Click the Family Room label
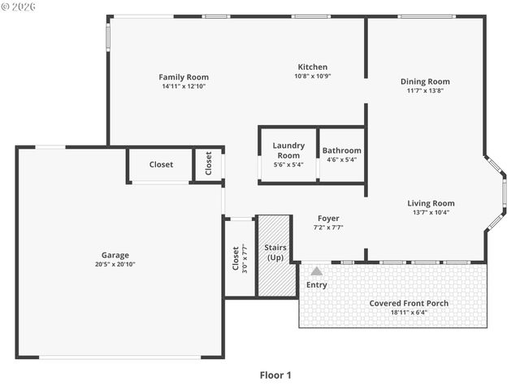pyautogui.click(x=184, y=77)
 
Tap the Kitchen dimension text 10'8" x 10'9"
pyautogui.click(x=312, y=76)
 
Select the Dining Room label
pyautogui.click(x=425, y=81)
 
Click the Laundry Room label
pyautogui.click(x=288, y=150)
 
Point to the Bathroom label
pyautogui.click(x=342, y=150)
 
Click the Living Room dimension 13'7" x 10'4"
pyautogui.click(x=431, y=213)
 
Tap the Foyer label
pyautogui.click(x=328, y=218)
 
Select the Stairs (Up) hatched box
pyautogui.click(x=274, y=256)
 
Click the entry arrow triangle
pyautogui.click(x=316, y=271)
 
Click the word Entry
pyautogui.click(x=316, y=285)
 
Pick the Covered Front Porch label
pyautogui.click(x=409, y=303)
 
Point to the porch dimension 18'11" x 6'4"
pyautogui.click(x=409, y=312)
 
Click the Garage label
pyautogui.click(x=115, y=254)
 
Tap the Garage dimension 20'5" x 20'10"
pyautogui.click(x=115, y=264)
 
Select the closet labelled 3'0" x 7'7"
pyautogui.click(x=240, y=258)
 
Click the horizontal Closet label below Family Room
pyautogui.click(x=161, y=165)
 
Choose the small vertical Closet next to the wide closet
pyautogui.click(x=209, y=164)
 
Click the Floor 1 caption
pyautogui.click(x=275, y=375)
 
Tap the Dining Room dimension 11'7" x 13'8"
pyautogui.click(x=425, y=90)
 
